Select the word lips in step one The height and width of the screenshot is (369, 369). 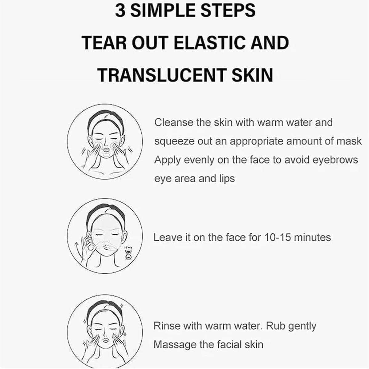pyautogui.click(x=227, y=179)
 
